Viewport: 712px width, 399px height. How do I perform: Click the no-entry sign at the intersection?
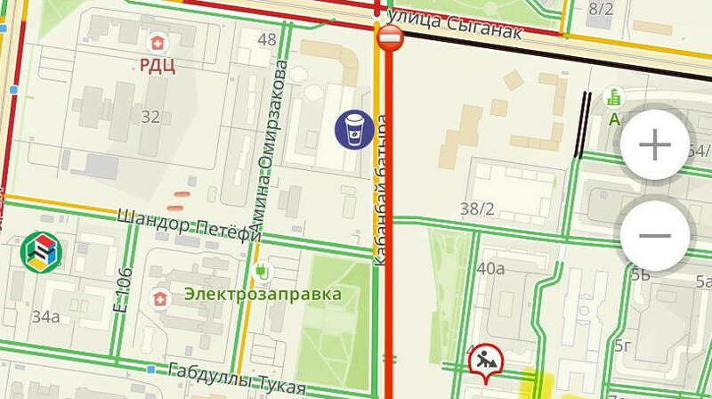click(390, 38)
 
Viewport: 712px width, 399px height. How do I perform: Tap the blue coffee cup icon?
click(354, 129)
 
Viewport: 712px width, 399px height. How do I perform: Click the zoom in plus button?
click(655, 144)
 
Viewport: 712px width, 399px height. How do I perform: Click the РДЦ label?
click(157, 64)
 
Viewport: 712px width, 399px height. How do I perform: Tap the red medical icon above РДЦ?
click(158, 42)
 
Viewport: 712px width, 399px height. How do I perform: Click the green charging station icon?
click(262, 269)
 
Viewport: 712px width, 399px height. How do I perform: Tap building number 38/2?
click(477, 209)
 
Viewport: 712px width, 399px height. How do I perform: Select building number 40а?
click(490, 268)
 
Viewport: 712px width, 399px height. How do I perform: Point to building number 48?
click(266, 39)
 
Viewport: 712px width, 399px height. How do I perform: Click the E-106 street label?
click(124, 289)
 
